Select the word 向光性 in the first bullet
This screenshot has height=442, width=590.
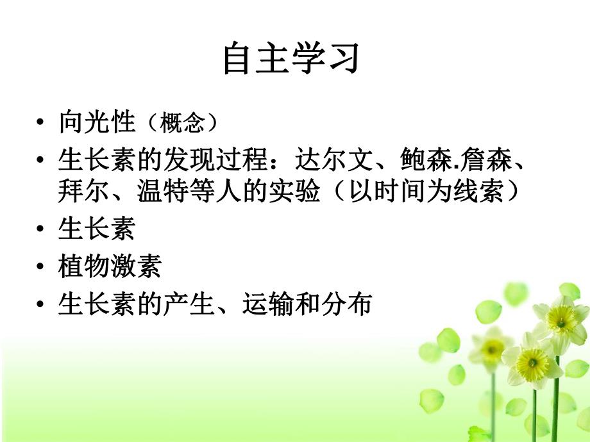click(x=96, y=121)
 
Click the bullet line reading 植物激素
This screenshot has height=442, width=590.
click(x=109, y=266)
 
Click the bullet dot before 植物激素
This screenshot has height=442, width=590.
click(x=42, y=266)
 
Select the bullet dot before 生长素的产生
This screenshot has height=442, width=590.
click(x=42, y=304)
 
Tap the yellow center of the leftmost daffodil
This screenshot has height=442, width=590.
click(x=493, y=349)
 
